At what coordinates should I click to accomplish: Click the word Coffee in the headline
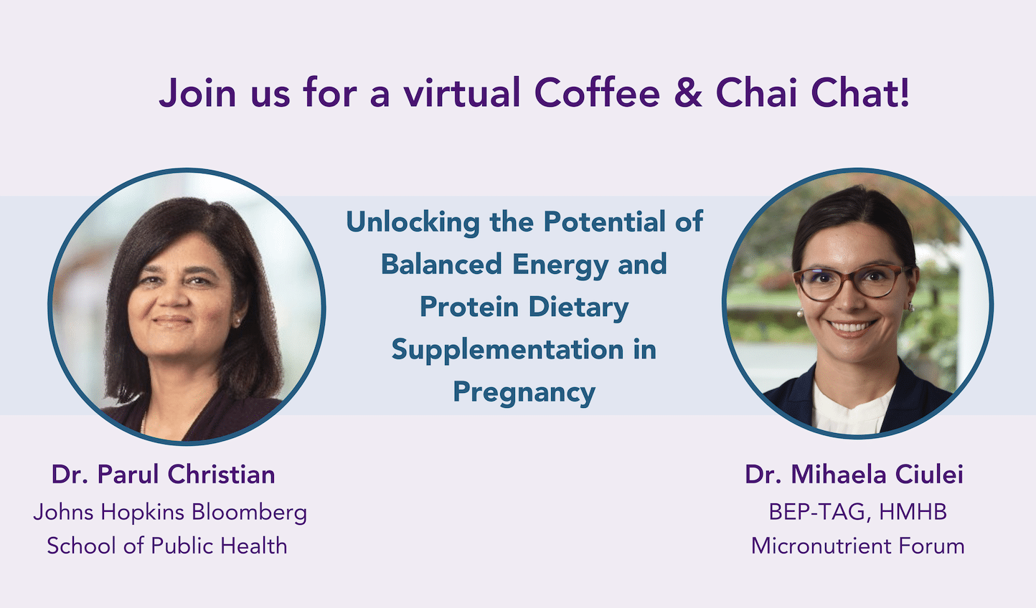tap(597, 93)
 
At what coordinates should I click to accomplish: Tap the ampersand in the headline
tap(687, 94)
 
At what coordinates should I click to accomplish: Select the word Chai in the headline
tap(756, 93)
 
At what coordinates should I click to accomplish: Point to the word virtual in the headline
tap(462, 93)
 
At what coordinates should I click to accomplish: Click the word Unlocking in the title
tap(413, 223)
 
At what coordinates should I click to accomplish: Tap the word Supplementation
tap(507, 351)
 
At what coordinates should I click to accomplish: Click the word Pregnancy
tap(524, 393)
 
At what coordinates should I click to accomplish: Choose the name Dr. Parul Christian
tap(163, 474)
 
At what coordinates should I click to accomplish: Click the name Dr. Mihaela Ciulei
tap(854, 474)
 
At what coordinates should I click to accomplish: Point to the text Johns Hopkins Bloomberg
tap(170, 512)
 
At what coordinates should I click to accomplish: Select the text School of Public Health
tap(167, 546)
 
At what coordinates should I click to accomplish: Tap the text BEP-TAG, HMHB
tap(857, 512)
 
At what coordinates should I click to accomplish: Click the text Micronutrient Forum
tap(857, 546)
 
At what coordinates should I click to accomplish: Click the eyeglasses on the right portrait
tap(852, 282)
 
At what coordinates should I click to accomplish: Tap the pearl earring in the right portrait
tap(800, 313)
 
